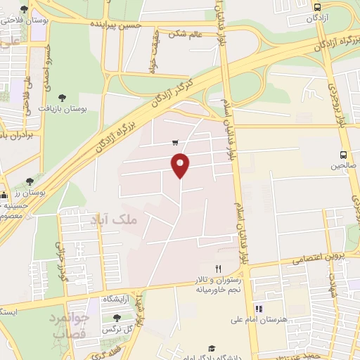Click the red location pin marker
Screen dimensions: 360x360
[x=181, y=165]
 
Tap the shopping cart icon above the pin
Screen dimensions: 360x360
[x=174, y=141]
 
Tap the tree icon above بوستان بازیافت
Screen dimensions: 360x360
[x=63, y=98]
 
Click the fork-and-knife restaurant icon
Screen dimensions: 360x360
[x=218, y=269]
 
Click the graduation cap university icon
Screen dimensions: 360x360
[x=210, y=348]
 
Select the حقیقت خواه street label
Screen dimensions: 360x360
[x=151, y=54]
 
